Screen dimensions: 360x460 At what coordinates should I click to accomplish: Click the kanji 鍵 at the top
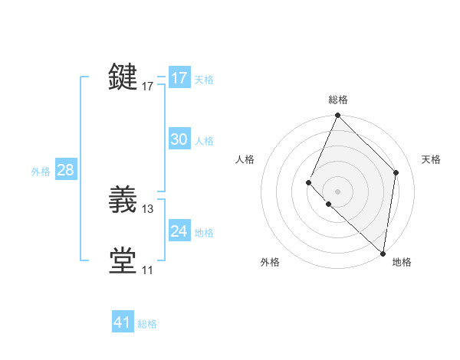pos(123,77)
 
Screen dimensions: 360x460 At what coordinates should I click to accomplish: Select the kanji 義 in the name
pos(123,201)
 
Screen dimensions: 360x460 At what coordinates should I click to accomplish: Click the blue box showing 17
pos(179,78)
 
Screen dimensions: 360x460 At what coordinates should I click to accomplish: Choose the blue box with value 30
pos(179,139)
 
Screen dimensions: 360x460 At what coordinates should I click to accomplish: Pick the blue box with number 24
pos(179,231)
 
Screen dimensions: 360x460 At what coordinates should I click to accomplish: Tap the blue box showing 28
pos(65,170)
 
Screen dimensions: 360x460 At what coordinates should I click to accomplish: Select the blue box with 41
pos(123,322)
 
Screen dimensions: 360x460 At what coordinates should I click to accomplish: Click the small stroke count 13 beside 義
pos(148,208)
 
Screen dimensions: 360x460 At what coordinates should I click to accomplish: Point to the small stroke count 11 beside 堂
pos(147,270)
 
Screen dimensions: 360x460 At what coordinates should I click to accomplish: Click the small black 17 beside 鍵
pos(148,87)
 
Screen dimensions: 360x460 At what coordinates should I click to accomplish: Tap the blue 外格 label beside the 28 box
pos(41,172)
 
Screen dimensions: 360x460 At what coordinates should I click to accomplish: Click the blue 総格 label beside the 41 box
pos(147,324)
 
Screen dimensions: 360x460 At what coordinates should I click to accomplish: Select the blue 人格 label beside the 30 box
pos(204,141)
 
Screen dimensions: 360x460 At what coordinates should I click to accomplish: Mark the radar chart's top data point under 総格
pos(337,116)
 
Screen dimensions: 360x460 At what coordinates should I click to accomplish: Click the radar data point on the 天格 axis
pos(396,172)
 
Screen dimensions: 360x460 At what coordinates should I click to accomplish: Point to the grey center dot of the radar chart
pos(337,191)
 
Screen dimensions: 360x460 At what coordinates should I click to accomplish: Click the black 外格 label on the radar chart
pos(270,262)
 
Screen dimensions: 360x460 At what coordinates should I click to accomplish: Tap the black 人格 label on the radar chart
pos(245,159)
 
